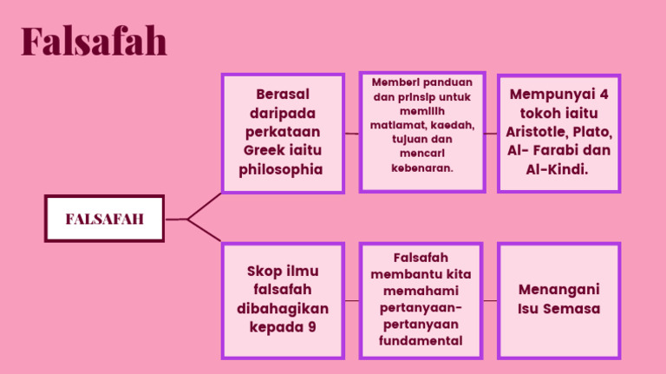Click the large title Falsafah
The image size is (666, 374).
coord(94,41)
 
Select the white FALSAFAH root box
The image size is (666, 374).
coord(104,219)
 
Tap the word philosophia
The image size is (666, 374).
coord(281,169)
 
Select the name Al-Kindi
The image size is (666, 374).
coord(557,169)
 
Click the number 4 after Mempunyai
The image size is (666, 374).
coord(604,94)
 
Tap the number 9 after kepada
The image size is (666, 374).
coord(312,327)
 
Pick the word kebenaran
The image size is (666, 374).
coord(422,167)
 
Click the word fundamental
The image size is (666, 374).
coord(421,340)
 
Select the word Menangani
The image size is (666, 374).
coord(559,290)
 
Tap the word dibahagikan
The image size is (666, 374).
coord(283,308)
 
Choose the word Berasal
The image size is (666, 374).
coord(283,94)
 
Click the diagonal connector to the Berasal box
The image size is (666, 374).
coord(205,207)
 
